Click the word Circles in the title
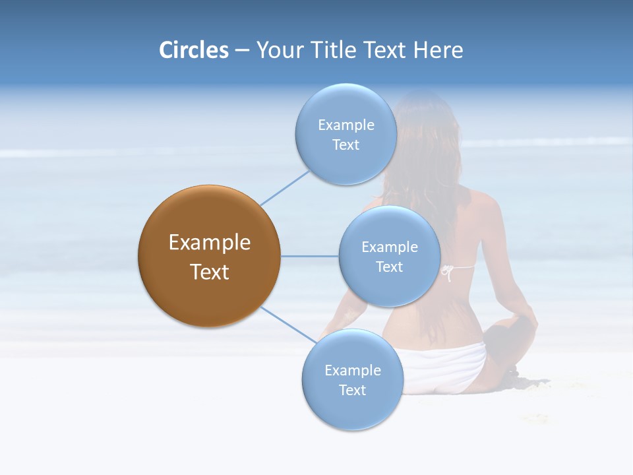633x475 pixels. coord(194,50)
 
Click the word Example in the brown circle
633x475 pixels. coord(210,243)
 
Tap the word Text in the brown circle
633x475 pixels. coord(210,272)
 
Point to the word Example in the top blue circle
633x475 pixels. coord(346,125)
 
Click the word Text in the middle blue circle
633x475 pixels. coord(389,267)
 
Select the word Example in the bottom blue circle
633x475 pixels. coord(353,370)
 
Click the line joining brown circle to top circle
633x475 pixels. coord(284,187)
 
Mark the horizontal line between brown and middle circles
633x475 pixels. coord(309,256)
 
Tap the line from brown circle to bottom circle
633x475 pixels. coord(288,324)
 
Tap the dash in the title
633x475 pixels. coord(242,50)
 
